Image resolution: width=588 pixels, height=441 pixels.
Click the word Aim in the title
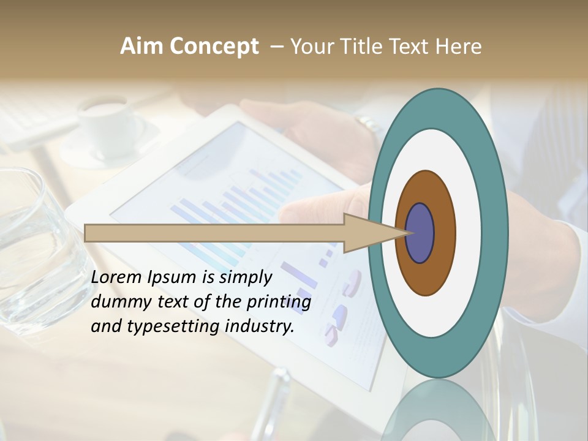142,46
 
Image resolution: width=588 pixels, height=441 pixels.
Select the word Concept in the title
214,46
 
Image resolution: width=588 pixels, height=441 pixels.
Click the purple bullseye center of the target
420,233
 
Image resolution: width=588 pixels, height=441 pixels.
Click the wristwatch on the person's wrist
369,124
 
